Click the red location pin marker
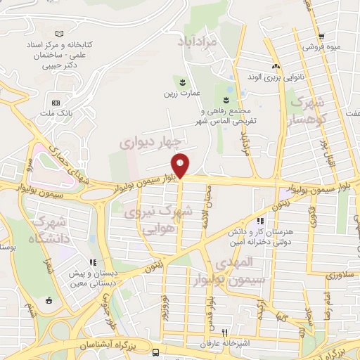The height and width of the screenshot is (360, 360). pyautogui.click(x=181, y=165)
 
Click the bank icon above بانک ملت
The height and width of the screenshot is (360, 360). pyautogui.click(x=56, y=103)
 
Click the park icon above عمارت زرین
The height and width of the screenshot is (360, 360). pyautogui.click(x=186, y=80)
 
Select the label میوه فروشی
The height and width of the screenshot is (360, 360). pyautogui.click(x=323, y=47)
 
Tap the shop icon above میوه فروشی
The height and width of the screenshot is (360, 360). pyautogui.click(x=321, y=37)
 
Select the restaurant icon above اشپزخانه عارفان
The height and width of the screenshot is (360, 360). pyautogui.click(x=225, y=332)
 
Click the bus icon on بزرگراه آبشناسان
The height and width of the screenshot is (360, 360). pyautogui.click(x=155, y=352)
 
